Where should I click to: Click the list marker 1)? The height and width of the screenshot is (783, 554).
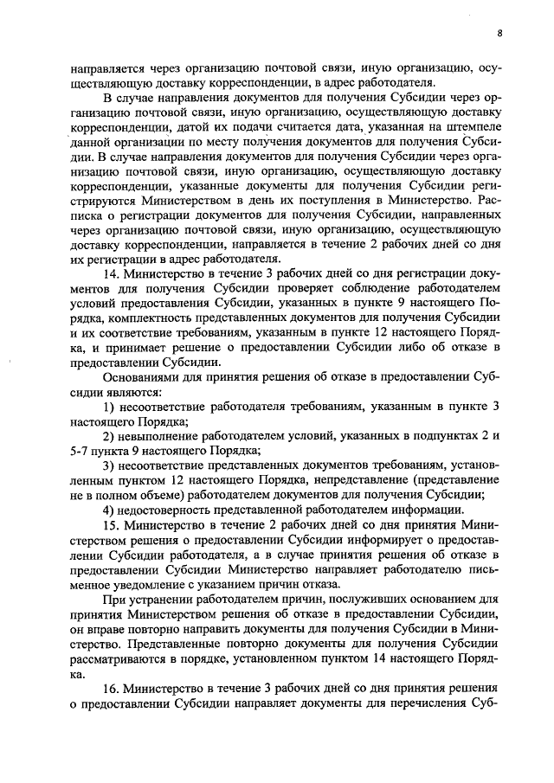(x=109, y=407)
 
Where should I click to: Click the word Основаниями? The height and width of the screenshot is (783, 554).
(x=143, y=377)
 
